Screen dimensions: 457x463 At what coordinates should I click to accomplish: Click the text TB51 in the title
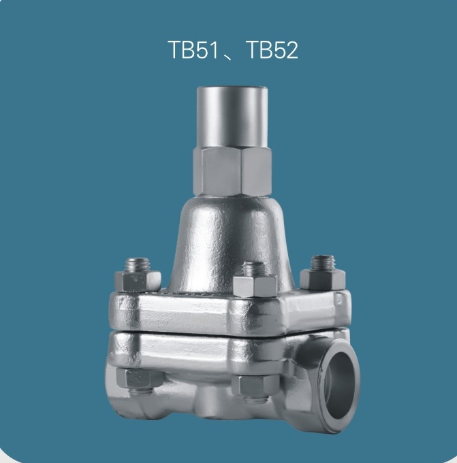(193, 50)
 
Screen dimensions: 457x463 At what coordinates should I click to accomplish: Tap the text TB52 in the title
(272, 50)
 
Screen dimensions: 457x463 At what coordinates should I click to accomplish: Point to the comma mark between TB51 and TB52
(230, 56)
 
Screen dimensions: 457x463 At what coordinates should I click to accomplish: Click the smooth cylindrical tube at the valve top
(232, 118)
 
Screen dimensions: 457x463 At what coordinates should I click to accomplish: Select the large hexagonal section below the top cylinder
(232, 171)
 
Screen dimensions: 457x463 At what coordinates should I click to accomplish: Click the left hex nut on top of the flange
(138, 281)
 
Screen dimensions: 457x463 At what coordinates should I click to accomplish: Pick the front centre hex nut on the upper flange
(255, 286)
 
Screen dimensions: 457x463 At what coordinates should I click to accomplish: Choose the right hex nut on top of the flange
(323, 279)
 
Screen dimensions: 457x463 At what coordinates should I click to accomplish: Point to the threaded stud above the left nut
(138, 265)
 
